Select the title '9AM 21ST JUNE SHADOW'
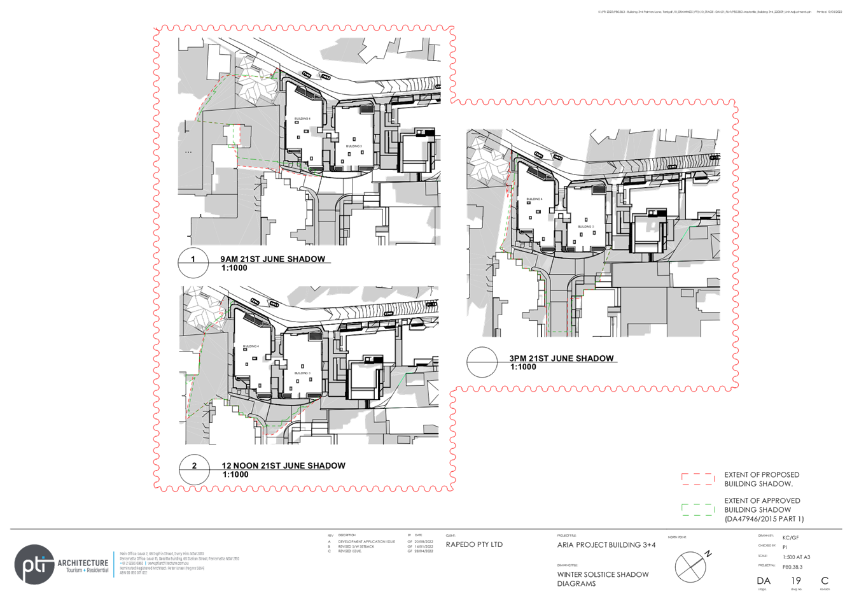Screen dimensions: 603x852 pyautogui.click(x=272, y=259)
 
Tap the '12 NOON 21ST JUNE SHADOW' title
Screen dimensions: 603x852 pyautogui.click(x=284, y=465)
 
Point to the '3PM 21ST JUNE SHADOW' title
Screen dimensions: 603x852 pyautogui.click(x=562, y=358)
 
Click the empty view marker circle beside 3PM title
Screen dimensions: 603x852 pyautogui.click(x=482, y=362)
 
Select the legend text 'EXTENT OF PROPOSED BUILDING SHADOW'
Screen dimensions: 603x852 pyautogui.click(x=762, y=479)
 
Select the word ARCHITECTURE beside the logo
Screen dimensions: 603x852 pyautogui.click(x=83, y=564)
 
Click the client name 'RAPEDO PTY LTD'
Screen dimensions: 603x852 pyautogui.click(x=474, y=545)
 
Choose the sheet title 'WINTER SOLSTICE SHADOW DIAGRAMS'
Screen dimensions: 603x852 pyautogui.click(x=602, y=578)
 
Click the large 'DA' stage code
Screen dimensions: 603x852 pyautogui.click(x=764, y=581)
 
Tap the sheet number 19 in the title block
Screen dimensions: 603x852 pyautogui.click(x=795, y=581)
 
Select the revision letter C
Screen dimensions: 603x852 pyautogui.click(x=825, y=581)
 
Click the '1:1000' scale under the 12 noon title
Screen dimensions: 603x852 pyautogui.click(x=235, y=474)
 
